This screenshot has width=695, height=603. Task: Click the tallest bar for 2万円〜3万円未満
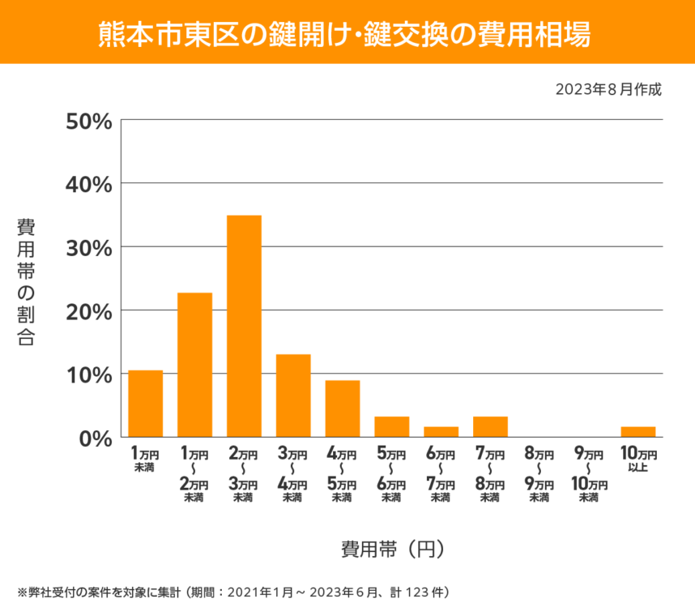tap(244, 326)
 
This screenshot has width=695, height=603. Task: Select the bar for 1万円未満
tap(146, 404)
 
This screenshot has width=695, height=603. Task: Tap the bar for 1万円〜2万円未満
tap(195, 365)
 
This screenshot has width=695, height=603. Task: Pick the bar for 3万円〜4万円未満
tap(293, 396)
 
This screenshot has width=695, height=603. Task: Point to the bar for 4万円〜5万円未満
tap(343, 408)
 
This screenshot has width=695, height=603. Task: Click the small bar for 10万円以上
tap(638, 432)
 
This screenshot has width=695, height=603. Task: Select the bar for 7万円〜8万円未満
tap(490, 427)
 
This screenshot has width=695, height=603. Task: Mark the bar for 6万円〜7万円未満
tap(441, 432)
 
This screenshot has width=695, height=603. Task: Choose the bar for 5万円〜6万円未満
tap(392, 427)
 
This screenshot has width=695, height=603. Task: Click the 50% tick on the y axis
tap(88, 121)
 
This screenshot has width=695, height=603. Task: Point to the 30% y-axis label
tap(88, 247)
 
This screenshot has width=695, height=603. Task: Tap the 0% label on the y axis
tap(94, 438)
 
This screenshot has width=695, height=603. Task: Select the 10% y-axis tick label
tap(88, 374)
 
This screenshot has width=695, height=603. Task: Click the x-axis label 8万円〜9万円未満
tap(539, 474)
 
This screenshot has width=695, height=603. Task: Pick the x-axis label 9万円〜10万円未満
tap(589, 474)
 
